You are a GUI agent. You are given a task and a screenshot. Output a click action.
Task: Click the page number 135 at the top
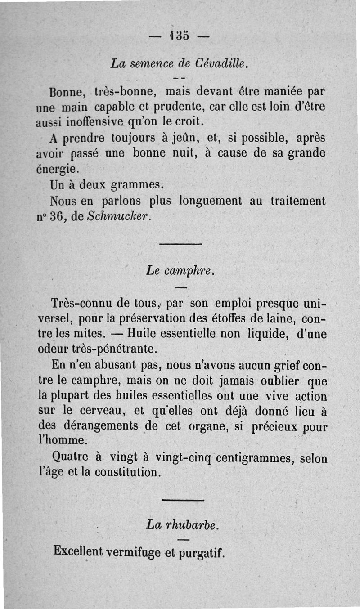[180, 36]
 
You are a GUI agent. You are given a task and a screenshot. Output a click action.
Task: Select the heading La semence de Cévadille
[180, 64]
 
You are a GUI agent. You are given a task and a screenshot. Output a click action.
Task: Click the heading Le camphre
[180, 271]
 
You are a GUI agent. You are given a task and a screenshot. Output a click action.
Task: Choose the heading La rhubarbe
[182, 524]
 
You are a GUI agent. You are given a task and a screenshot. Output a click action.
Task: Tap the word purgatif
[201, 551]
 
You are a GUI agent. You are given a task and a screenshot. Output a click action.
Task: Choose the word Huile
[143, 334]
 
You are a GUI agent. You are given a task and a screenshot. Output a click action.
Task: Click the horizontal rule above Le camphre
[180, 244]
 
